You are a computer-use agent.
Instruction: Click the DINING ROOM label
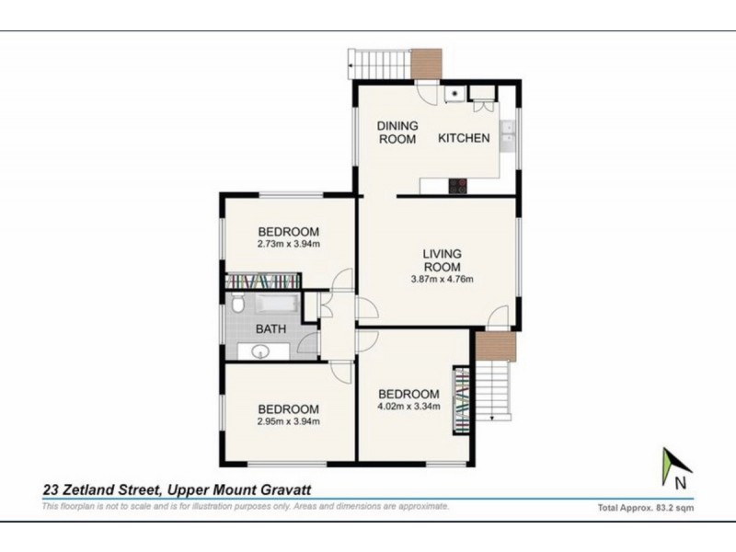click(397, 132)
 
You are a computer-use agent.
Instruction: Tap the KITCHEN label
click(464, 139)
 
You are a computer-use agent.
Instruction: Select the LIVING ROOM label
click(442, 259)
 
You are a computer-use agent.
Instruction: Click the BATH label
click(271, 328)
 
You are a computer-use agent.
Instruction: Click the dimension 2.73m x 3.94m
click(288, 245)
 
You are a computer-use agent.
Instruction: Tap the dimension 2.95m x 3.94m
click(288, 423)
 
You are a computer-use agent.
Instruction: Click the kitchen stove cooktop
click(458, 186)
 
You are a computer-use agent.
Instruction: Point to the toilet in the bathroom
click(236, 305)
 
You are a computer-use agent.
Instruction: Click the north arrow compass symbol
click(674, 467)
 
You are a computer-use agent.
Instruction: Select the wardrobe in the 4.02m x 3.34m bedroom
click(460, 401)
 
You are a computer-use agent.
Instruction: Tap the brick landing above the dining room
click(426, 63)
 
